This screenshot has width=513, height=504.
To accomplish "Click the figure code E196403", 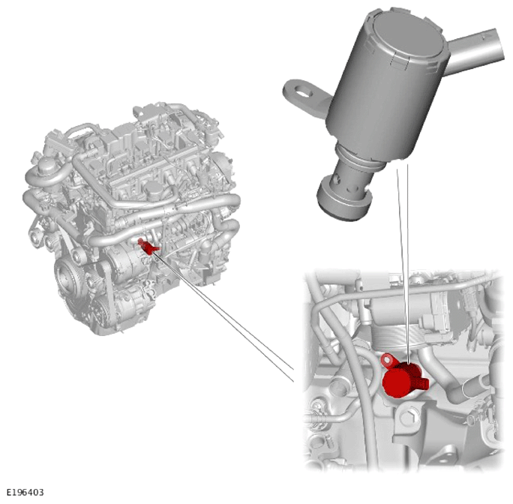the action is pyautogui.click(x=25, y=492).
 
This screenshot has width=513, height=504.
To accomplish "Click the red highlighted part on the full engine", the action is pyautogui.click(x=148, y=247).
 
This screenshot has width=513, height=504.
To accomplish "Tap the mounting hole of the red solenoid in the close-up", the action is pyautogui.click(x=387, y=359).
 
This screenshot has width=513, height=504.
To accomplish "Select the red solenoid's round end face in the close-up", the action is pyautogui.click(x=396, y=383).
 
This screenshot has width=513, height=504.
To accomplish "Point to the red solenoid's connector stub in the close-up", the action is pyautogui.click(x=422, y=383).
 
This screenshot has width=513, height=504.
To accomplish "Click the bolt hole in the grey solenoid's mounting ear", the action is pyautogui.click(x=304, y=91).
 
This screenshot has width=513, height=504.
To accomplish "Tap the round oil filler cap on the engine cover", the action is pyautogui.click(x=153, y=190).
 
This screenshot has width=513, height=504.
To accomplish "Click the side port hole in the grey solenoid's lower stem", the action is pyautogui.click(x=337, y=178).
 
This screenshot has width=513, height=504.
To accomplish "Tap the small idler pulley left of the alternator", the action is pyautogui.click(x=77, y=257).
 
